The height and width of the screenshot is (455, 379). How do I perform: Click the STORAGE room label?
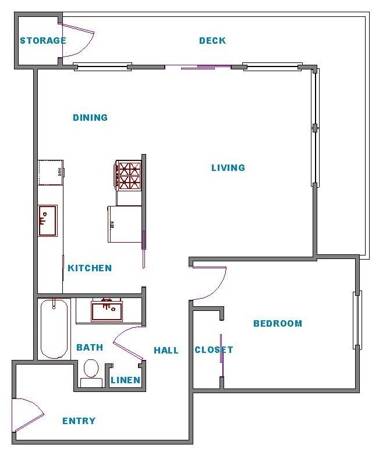click(42, 41)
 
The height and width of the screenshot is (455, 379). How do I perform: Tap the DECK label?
click(212, 41)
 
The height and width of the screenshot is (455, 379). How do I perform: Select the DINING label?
click(90, 118)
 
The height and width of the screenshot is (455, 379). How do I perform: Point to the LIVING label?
click(228, 168)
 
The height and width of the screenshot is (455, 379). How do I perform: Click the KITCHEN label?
click(90, 268)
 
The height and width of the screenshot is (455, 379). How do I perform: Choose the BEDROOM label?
click(278, 324)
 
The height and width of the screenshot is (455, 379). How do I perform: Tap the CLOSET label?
click(214, 350)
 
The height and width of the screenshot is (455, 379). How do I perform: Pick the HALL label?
click(166, 351)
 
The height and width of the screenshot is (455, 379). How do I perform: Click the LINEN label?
click(126, 380)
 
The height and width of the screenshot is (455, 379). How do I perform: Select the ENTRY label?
click(79, 421)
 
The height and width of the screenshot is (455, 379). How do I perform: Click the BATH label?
click(90, 348)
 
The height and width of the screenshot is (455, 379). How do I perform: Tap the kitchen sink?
click(48, 220)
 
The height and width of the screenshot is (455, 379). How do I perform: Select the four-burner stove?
click(129, 176)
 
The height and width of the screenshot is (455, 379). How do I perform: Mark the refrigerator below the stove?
click(125, 224)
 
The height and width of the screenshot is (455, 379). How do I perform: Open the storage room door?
click(76, 40)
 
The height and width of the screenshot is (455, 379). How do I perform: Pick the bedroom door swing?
click(210, 283)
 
